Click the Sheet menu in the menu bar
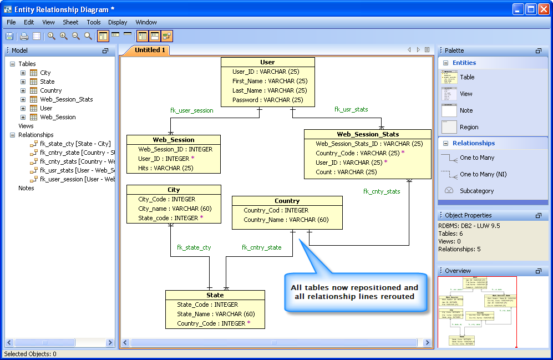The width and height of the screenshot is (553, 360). point(70,22)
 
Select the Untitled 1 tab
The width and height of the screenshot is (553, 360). point(150,50)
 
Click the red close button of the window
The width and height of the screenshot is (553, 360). point(542,9)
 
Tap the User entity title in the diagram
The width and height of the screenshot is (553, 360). point(267,62)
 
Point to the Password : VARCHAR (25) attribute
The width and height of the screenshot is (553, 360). point(268,100)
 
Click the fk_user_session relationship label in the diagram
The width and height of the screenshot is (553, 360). point(191,110)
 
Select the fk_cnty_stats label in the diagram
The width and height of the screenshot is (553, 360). point(382,191)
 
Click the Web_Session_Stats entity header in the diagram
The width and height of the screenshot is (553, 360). point(368,134)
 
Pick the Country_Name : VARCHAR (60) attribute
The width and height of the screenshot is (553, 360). point(286,220)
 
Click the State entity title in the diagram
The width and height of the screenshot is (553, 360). point(215,295)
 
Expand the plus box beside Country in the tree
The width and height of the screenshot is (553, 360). point(23,90)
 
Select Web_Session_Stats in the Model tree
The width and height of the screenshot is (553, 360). point(66,99)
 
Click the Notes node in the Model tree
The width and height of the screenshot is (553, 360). point(26,188)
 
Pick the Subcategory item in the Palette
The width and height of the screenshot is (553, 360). point(475,191)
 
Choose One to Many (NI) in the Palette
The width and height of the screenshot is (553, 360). point(483,174)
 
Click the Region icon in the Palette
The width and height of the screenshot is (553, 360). point(449,127)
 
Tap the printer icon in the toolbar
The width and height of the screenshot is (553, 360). point(24,37)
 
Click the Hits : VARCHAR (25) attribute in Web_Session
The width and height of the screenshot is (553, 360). point(166,168)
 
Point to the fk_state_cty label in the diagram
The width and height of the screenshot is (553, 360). point(194,247)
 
